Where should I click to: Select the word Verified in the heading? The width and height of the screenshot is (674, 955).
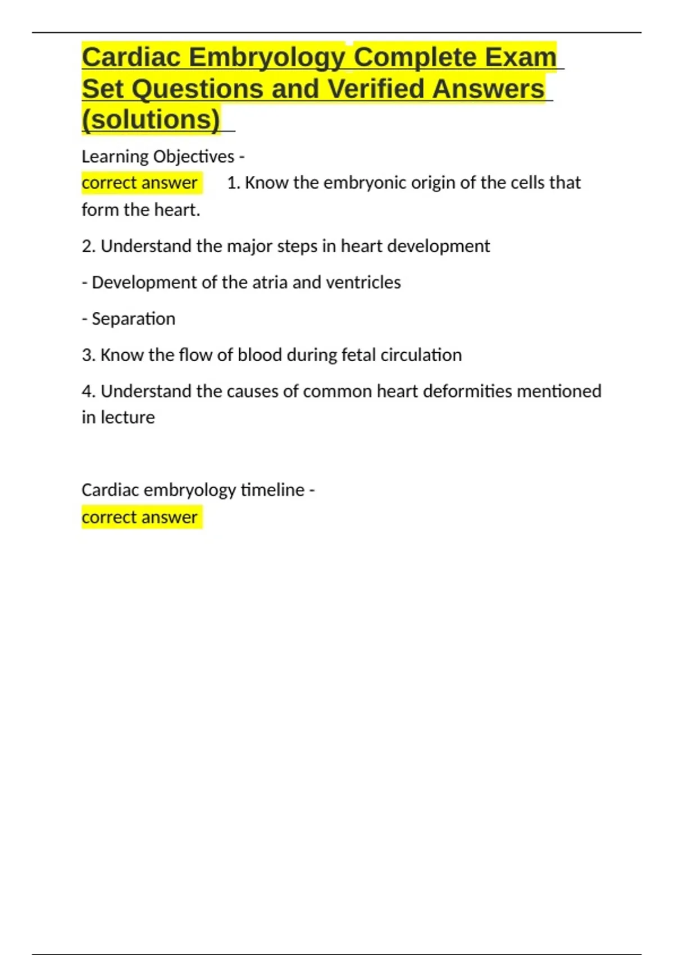(x=375, y=89)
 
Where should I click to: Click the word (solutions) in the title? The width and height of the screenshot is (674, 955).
(x=151, y=120)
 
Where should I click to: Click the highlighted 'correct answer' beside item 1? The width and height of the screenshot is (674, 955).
(x=139, y=183)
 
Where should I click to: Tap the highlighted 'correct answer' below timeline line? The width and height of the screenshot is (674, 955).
(x=139, y=517)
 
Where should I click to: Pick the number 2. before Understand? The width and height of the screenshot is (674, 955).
(x=89, y=246)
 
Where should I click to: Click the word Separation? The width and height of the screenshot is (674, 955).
(x=133, y=319)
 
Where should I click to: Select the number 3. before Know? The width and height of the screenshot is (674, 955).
(x=89, y=355)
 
